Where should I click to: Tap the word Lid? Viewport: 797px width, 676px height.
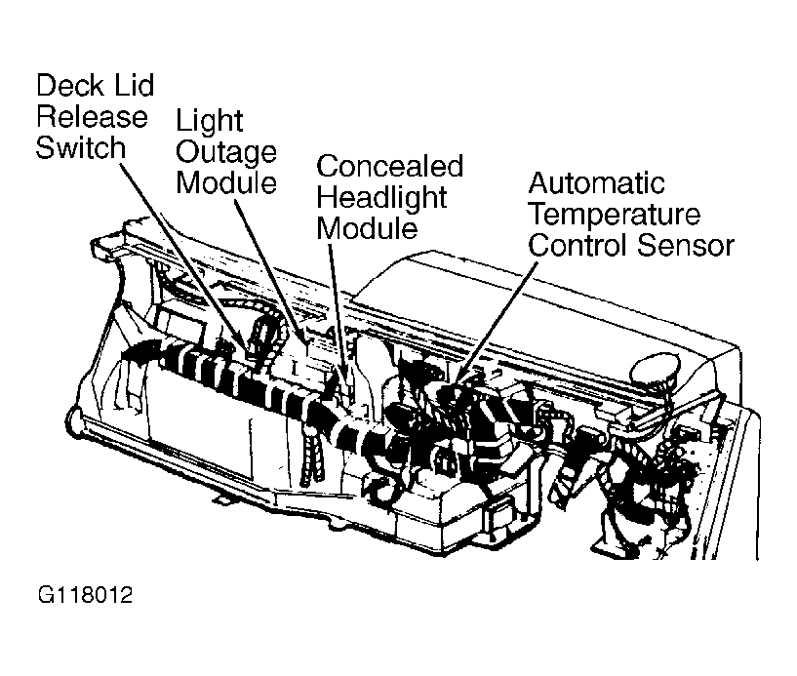[134, 86]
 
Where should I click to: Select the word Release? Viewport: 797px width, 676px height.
[93, 117]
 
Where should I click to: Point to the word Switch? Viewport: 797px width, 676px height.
[82, 148]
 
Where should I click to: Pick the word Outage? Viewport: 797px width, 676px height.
[226, 152]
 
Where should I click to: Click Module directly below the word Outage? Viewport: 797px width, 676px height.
[226, 182]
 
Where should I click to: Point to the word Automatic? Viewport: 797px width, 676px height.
[596, 183]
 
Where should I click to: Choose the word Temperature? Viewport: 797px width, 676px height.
[615, 214]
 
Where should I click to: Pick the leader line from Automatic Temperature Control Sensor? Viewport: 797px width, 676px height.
[498, 312]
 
